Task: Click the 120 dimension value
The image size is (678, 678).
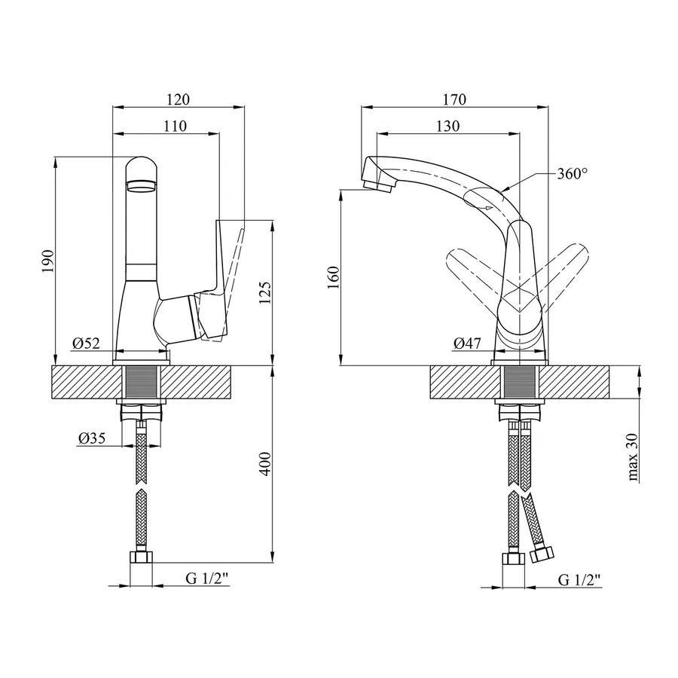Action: click(179, 99)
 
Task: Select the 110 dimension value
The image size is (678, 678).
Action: click(174, 126)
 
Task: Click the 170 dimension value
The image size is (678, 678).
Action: click(455, 99)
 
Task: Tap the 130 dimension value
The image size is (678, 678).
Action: click(447, 126)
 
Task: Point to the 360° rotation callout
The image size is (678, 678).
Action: click(572, 173)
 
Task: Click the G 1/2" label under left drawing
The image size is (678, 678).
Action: click(206, 579)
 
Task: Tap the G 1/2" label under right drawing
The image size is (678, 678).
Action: click(579, 579)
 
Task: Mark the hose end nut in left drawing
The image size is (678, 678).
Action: click(141, 558)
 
